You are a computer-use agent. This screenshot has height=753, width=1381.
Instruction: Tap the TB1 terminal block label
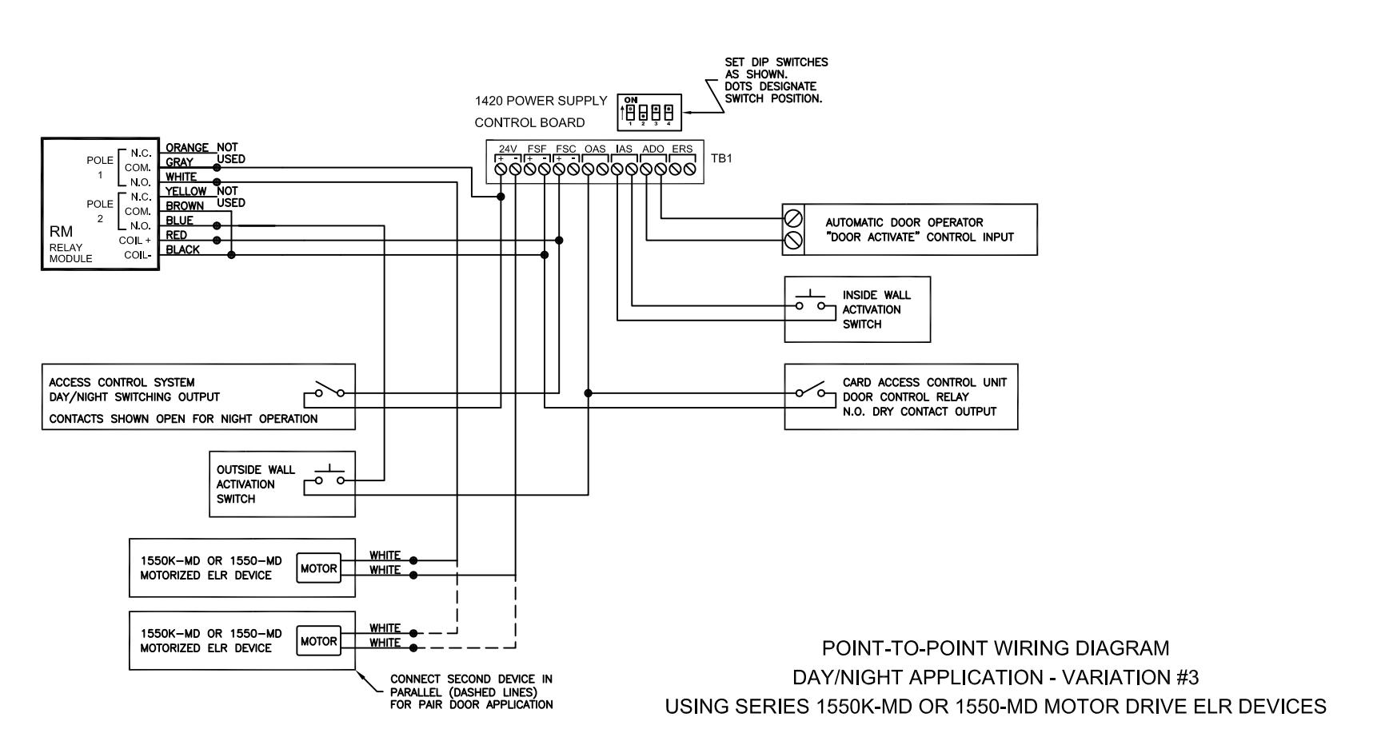[721, 158]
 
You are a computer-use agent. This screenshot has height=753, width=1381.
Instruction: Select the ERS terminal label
[682, 149]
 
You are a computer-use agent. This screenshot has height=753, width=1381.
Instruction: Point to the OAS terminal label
[595, 149]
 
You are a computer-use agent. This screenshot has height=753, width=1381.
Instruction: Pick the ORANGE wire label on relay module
[187, 148]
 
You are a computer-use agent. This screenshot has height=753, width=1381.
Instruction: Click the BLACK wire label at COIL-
[183, 249]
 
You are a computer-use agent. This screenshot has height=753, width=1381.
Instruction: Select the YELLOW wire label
[186, 191]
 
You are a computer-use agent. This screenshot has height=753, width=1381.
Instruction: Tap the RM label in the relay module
[62, 232]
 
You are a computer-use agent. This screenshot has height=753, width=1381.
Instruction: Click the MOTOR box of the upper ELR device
[318, 568]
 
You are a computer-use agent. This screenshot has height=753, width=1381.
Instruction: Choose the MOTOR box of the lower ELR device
[318, 641]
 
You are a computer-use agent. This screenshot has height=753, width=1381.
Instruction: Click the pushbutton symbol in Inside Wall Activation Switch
[809, 301]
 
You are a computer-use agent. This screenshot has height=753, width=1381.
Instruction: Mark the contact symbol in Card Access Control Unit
[809, 392]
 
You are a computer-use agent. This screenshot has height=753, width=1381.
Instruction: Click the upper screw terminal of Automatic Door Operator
[793, 217]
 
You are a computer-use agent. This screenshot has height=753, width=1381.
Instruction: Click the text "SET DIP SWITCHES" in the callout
[776, 62]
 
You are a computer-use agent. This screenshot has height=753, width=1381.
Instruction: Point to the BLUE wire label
[180, 221]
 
